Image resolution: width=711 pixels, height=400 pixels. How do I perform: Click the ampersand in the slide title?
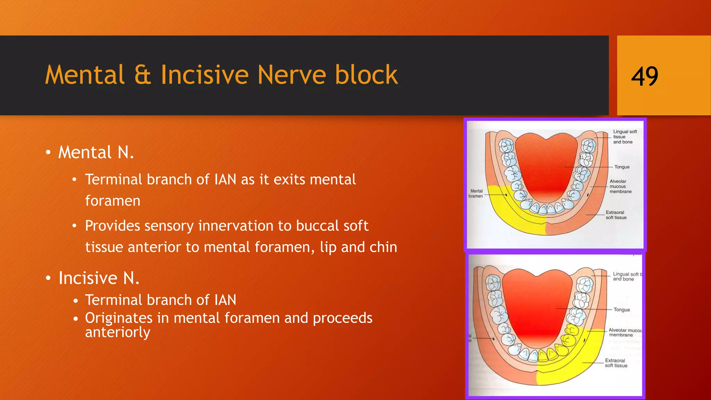pyautogui.click(x=142, y=75)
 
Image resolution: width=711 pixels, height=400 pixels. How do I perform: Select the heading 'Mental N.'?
pyautogui.click(x=96, y=152)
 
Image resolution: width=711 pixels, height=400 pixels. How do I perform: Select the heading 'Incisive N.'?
pyautogui.click(x=99, y=278)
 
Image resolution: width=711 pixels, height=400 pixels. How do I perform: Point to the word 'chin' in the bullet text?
pyautogui.click(x=383, y=247)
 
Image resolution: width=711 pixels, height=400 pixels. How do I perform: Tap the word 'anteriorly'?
pyautogui.click(x=117, y=332)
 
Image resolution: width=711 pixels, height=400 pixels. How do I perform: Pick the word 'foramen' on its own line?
pyautogui.click(x=113, y=201)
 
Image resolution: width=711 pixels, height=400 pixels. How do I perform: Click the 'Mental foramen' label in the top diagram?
pyautogui.click(x=476, y=194)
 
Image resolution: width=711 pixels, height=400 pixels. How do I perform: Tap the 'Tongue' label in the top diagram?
pyautogui.click(x=622, y=167)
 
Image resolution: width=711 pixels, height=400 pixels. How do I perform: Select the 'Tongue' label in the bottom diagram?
pyautogui.click(x=621, y=310)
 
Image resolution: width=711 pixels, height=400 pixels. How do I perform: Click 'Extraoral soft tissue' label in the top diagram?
pyautogui.click(x=616, y=215)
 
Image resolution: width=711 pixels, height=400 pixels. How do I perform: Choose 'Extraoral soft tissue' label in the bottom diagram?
pyautogui.click(x=616, y=363)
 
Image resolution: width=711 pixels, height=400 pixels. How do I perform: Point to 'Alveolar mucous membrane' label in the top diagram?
pyautogui.click(x=620, y=186)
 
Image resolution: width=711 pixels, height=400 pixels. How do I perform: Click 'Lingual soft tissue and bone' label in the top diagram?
pyautogui.click(x=625, y=137)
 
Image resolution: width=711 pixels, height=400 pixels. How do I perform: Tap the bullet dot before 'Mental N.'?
pyautogui.click(x=48, y=153)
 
